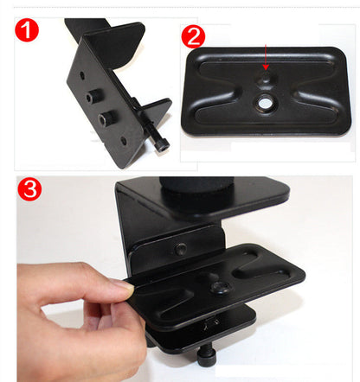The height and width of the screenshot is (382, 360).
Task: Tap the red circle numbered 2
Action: (194, 35)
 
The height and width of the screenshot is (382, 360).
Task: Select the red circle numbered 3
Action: (31, 190)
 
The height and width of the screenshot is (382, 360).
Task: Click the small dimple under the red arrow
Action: (266, 78)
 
